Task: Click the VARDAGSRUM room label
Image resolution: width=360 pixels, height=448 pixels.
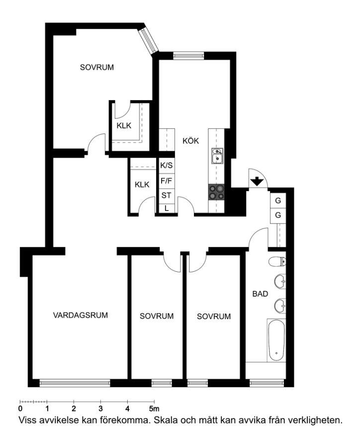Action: pyautogui.click(x=81, y=315)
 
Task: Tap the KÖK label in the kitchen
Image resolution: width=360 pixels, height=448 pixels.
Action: pyautogui.click(x=191, y=140)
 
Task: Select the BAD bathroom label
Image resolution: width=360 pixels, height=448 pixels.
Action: pyautogui.click(x=260, y=294)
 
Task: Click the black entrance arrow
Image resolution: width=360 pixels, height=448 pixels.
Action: pyautogui.click(x=257, y=181)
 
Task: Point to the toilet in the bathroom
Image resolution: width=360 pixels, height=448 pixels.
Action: pyautogui.click(x=277, y=261)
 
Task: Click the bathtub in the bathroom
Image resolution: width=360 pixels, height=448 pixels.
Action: pyautogui.click(x=276, y=340)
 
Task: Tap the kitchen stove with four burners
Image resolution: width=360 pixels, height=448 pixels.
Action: pyautogui.click(x=216, y=192)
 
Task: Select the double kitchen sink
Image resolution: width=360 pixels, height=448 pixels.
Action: pyautogui.click(x=217, y=156)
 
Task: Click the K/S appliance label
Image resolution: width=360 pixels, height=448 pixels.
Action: pyautogui.click(x=167, y=165)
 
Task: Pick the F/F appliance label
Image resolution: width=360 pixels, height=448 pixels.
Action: pyautogui.click(x=167, y=181)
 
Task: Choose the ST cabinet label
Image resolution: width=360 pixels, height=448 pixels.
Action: pyautogui.click(x=167, y=196)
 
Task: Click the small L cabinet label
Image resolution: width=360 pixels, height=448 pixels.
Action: pyautogui.click(x=167, y=208)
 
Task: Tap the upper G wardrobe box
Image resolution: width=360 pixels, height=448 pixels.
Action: pyautogui.click(x=278, y=201)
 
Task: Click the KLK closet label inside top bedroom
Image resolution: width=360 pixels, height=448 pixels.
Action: pyautogui.click(x=124, y=125)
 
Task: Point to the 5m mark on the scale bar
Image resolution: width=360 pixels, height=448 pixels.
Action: pyautogui.click(x=154, y=409)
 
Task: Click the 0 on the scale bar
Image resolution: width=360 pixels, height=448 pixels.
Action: pyautogui.click(x=20, y=409)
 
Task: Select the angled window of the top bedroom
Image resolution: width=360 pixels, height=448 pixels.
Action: pyautogui.click(x=148, y=41)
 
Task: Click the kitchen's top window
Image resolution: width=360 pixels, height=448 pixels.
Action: pyautogui.click(x=188, y=55)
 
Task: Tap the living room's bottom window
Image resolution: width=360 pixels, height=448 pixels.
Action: pyautogui.click(x=75, y=383)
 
